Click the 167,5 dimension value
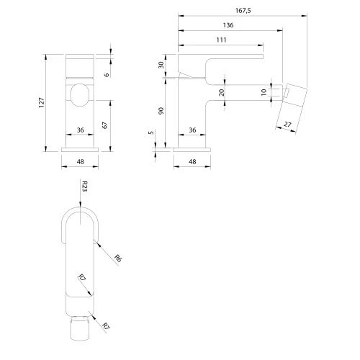coord(243,11)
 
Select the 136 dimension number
coord(228,25)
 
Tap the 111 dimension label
coord(221,40)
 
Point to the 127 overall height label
coord(42,102)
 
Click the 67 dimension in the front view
coord(105,125)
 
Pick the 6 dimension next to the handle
coord(107,75)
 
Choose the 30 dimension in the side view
coord(161,65)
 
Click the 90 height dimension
coord(161,111)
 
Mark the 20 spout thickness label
coord(222,92)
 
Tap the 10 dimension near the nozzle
coord(264,92)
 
